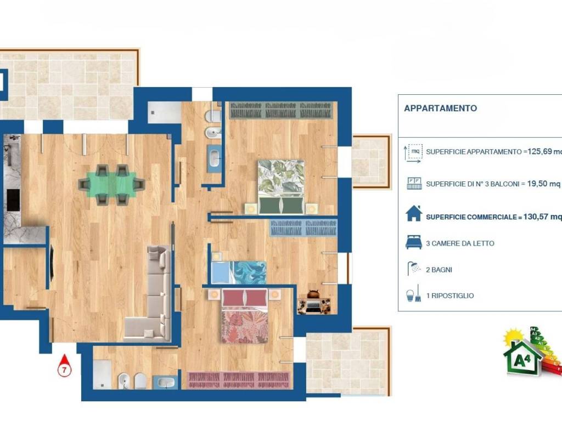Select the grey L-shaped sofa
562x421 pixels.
point(150,294)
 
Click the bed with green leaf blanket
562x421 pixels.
point(282,187)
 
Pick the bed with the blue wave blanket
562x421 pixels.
point(239,272)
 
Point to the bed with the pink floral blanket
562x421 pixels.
point(245,316)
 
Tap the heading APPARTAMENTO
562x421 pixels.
point(441,109)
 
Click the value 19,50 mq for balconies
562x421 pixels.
point(543,184)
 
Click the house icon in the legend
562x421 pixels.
point(414,213)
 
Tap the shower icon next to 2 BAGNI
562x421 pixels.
point(414,269)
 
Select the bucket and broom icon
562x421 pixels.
point(414,294)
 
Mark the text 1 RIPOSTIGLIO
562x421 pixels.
point(450,295)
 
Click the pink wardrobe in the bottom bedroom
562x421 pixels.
point(239,380)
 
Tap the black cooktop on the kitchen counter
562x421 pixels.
point(13,201)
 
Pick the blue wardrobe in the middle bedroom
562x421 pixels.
point(303,227)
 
